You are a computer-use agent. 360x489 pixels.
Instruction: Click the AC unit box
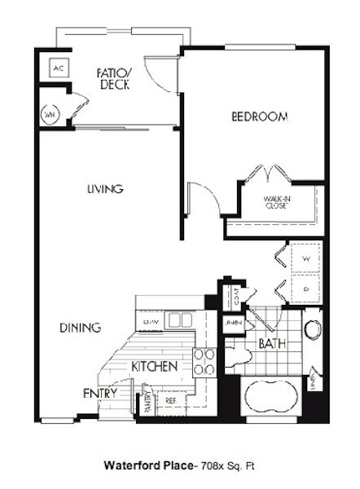58,68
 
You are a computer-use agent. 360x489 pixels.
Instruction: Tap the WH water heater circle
50,115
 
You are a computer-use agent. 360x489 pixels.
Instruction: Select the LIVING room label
105,189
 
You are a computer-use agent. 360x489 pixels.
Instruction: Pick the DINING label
80,328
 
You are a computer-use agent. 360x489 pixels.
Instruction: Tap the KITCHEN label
155,367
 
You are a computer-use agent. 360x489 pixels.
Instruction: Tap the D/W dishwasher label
151,323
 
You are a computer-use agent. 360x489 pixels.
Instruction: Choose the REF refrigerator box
172,401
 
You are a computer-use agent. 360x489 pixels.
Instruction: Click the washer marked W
307,260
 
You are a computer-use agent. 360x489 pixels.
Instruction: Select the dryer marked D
307,289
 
